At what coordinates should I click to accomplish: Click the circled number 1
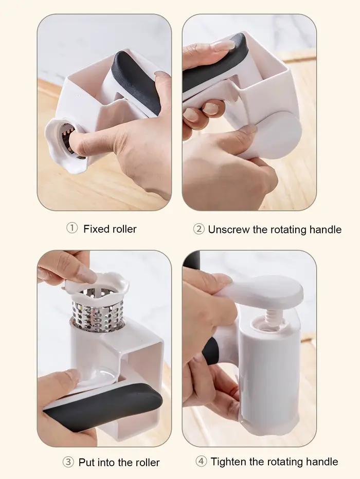point(72,228)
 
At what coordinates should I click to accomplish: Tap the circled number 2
point(199,229)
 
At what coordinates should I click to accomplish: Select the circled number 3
point(68,462)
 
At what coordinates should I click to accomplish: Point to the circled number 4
point(201,461)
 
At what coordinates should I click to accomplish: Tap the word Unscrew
point(228,229)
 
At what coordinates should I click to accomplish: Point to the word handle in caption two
point(326,229)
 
